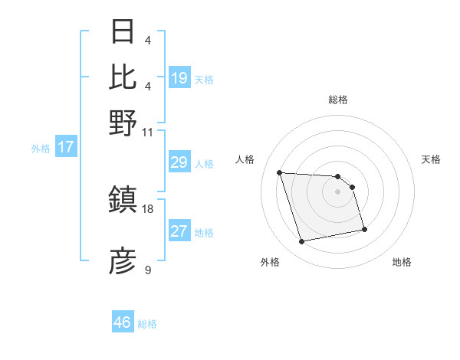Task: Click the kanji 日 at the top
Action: [123, 32]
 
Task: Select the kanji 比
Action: [123, 77]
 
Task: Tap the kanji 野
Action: [123, 122]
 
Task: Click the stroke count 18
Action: [148, 208]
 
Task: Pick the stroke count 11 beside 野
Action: [148, 132]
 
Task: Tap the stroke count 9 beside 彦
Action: [148, 270]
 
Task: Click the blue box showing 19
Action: [179, 78]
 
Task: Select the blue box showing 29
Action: [179, 162]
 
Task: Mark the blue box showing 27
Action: [179, 232]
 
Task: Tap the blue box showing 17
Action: [66, 148]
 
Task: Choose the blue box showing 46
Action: [122, 322]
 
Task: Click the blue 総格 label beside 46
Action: [147, 324]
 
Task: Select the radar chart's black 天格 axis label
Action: [431, 159]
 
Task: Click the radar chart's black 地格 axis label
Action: [402, 263]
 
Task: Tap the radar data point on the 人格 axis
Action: [280, 172]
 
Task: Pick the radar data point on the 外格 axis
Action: [302, 242]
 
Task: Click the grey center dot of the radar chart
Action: [337, 191]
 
